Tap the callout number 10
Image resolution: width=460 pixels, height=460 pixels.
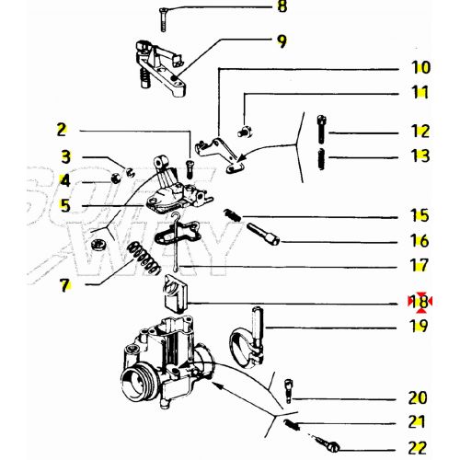coord(420,67)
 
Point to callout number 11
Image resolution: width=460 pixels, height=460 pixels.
coord(420,93)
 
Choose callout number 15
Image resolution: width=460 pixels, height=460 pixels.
coord(420,216)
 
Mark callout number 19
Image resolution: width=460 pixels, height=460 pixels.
coord(420,326)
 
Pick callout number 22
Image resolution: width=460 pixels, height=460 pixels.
coord(420,448)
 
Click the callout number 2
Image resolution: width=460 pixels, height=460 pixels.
coord(62,130)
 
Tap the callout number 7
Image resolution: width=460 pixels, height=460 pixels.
coord(64,286)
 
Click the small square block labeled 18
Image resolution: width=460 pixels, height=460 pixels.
coord(175,295)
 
